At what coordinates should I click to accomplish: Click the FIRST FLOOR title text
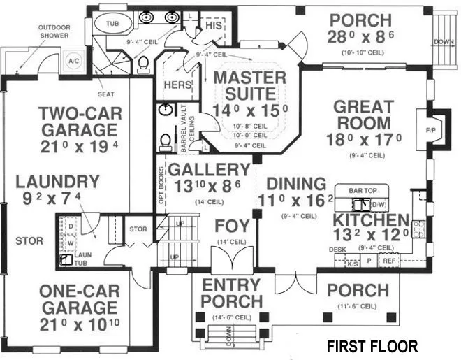(372, 346)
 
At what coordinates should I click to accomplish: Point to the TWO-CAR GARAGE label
(78, 122)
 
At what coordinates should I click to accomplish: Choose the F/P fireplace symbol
(430, 130)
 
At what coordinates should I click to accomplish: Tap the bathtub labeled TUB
(112, 23)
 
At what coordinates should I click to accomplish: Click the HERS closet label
(176, 85)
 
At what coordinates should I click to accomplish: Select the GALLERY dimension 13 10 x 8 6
(210, 187)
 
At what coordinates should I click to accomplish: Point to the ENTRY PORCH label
(230, 294)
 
